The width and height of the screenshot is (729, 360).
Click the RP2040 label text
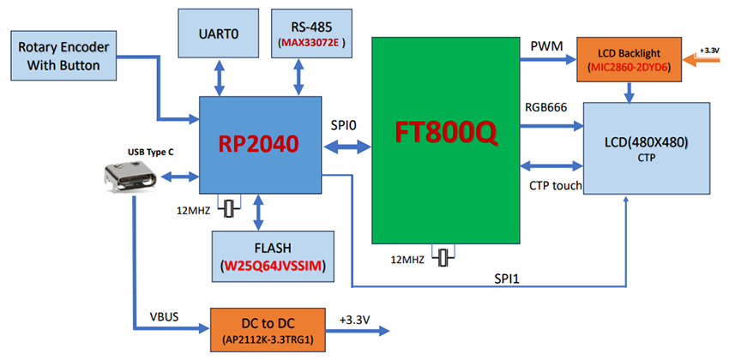click(x=258, y=144)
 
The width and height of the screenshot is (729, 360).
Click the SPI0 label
click(x=343, y=125)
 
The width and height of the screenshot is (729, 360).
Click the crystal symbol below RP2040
click(x=229, y=207)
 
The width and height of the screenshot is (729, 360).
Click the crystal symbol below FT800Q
click(x=443, y=256)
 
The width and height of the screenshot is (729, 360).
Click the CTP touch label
click(x=554, y=184)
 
